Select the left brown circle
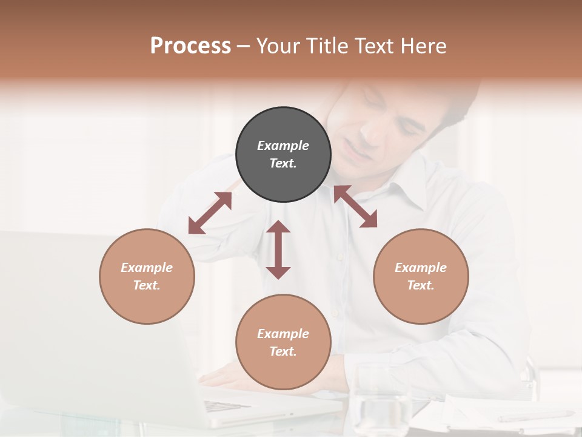pos(147,276)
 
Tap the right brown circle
pos(421,276)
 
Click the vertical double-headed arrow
pos(278,249)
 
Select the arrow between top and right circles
pos(355,206)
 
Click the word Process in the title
pos(190,46)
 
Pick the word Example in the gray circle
pos(283,146)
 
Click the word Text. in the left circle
pos(147,285)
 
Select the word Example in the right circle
pos(421,268)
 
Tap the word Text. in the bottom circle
pos(283,351)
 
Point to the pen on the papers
pos(533,416)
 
